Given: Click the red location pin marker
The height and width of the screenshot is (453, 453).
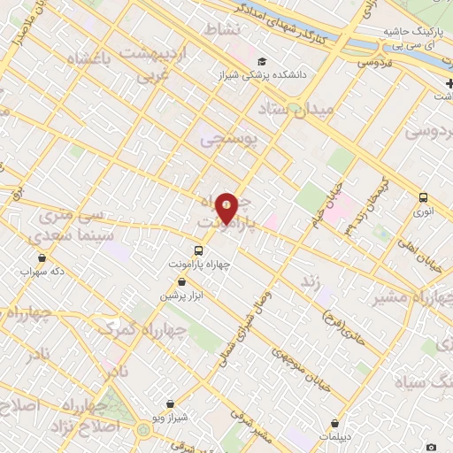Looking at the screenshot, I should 226,209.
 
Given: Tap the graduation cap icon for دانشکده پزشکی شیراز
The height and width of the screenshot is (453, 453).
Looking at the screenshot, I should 262,62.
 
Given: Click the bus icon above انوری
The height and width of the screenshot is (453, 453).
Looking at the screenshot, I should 423,198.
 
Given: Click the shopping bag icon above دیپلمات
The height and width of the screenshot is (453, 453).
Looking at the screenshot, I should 334,424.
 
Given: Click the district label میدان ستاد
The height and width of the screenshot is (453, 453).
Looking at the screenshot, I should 296,111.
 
